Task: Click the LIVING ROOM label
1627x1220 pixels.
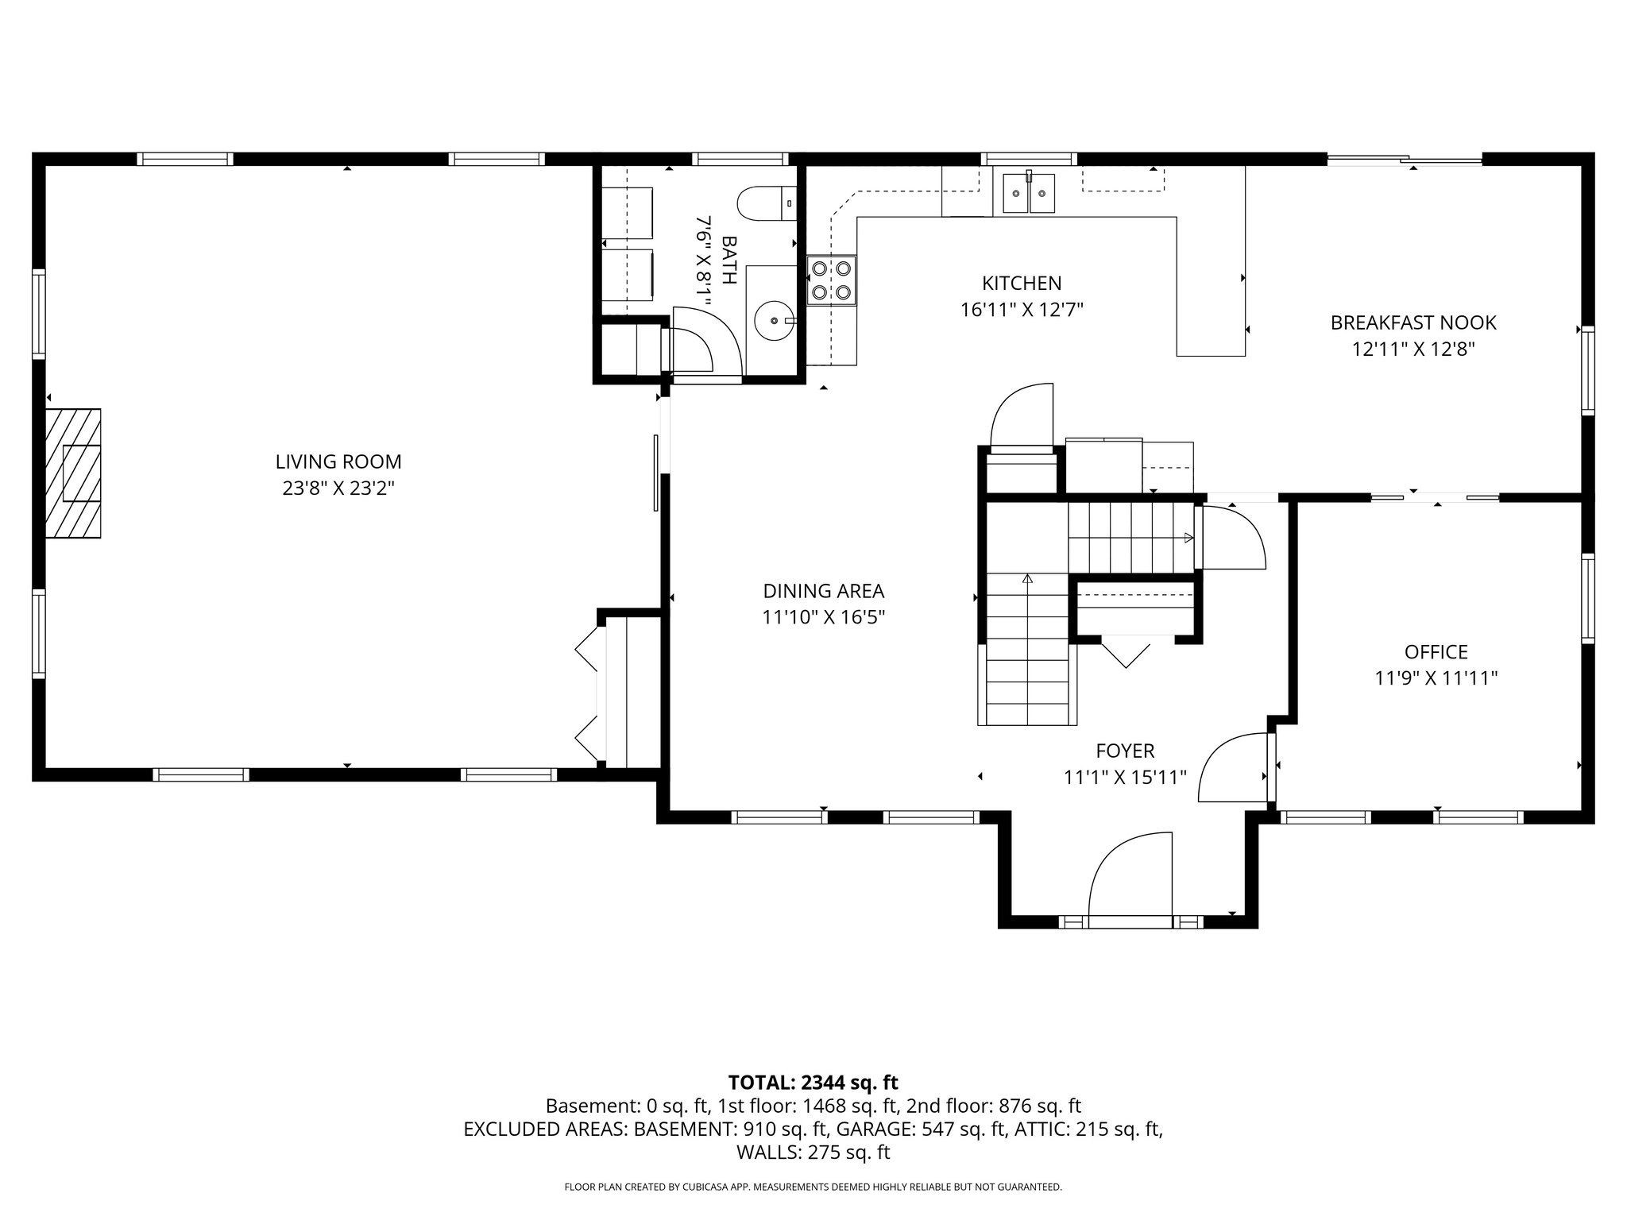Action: tap(338, 461)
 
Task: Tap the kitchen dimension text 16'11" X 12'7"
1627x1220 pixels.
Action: tap(1022, 310)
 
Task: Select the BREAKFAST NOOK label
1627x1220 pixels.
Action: tap(1413, 323)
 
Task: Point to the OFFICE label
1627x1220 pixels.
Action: tap(1436, 652)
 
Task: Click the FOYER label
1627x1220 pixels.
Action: tap(1125, 751)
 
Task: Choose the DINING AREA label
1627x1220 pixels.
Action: tap(823, 591)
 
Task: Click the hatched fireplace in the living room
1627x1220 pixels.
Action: tap(73, 473)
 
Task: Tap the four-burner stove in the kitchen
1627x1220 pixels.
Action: tap(832, 280)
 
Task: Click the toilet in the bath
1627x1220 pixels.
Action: tap(767, 203)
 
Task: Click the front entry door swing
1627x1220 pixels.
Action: tap(1130, 878)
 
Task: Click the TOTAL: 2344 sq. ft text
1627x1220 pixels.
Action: tap(813, 1082)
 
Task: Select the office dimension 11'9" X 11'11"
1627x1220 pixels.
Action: tap(1436, 678)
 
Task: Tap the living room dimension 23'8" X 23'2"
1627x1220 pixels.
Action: tap(338, 488)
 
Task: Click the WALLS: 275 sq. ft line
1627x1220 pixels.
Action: tap(813, 1152)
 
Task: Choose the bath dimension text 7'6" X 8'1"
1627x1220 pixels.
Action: tap(703, 260)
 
